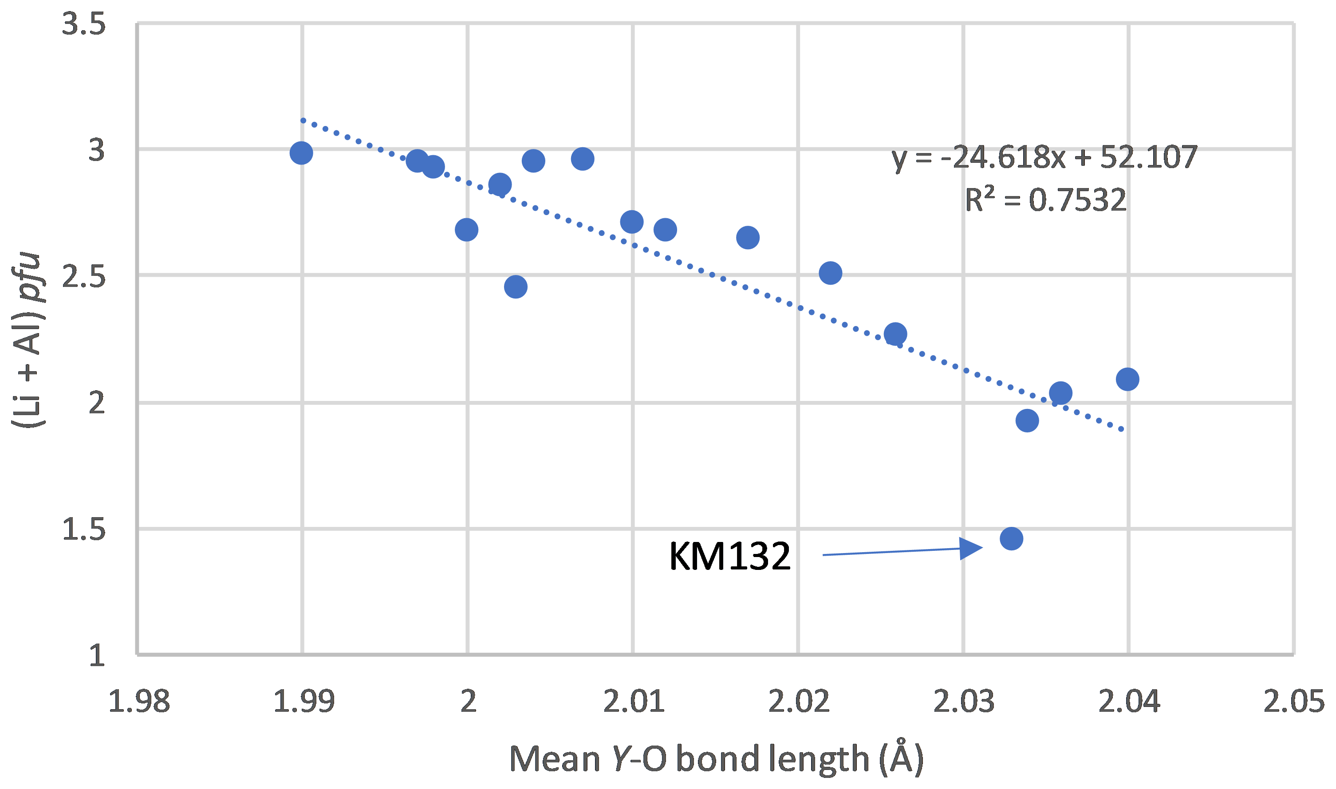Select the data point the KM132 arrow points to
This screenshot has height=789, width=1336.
click(1011, 538)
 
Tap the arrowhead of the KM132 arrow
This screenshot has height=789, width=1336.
click(971, 548)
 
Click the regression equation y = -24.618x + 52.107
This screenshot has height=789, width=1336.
click(1044, 157)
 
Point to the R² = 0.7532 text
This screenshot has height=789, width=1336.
click(1046, 200)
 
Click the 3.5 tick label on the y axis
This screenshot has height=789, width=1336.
click(84, 24)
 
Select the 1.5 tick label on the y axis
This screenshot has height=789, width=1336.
click(84, 529)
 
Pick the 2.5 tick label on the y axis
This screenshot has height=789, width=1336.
click(84, 276)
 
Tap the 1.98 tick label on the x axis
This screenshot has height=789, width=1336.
click(139, 701)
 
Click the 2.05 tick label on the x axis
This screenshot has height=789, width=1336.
click(1293, 701)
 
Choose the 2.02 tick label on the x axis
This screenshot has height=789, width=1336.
click(799, 701)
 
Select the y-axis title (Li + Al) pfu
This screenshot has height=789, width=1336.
click(28, 340)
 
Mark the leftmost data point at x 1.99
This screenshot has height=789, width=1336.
click(301, 153)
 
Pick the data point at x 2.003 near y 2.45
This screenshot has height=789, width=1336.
click(515, 287)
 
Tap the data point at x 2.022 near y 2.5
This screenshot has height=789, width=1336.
click(830, 273)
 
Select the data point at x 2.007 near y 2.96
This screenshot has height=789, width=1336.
click(583, 159)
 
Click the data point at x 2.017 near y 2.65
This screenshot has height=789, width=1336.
click(748, 238)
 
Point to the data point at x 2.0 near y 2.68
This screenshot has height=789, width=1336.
click(466, 230)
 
